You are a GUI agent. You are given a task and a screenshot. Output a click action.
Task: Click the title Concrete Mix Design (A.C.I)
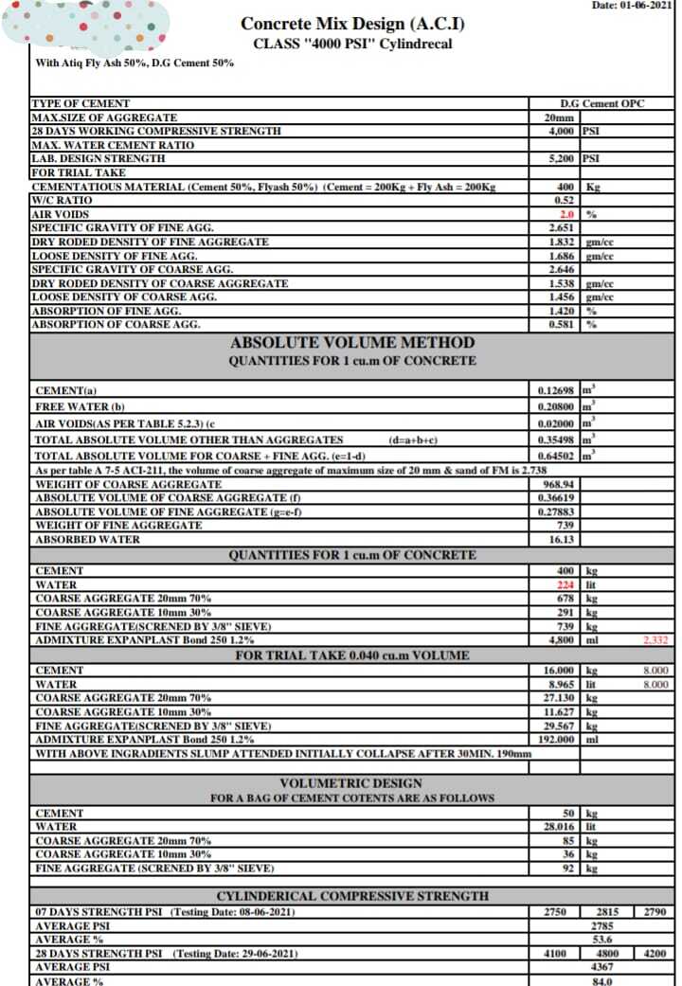(352, 24)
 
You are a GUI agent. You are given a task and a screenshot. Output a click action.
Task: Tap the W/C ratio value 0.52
(563, 201)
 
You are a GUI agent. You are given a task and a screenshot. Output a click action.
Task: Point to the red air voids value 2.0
(568, 215)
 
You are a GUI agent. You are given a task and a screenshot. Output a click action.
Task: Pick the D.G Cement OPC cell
(601, 103)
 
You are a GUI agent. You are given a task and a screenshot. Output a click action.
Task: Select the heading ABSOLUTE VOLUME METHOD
(352, 342)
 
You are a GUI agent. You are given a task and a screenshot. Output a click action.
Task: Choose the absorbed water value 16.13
(564, 539)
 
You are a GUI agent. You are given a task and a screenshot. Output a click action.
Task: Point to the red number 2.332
(655, 641)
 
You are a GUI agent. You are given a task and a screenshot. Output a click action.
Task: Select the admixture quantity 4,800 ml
(559, 641)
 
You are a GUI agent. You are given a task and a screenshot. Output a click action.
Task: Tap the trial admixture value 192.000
(557, 739)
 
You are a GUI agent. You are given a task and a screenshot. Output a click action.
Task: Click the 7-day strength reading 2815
(601, 911)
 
